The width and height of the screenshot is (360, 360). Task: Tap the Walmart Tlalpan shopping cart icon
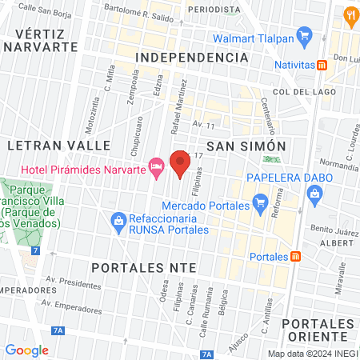pos(303,34)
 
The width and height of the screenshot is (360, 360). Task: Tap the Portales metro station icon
pos(296,256)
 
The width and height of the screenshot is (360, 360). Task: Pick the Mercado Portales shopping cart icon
pos(258,202)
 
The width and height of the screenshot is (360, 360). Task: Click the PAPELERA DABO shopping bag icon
pos(314,193)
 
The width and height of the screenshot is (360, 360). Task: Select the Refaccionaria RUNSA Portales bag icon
pos(118,218)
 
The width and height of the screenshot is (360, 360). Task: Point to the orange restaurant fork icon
pos(350,15)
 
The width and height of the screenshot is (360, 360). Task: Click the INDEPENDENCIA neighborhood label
pos(191,58)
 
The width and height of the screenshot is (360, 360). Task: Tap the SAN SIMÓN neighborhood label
pos(246,146)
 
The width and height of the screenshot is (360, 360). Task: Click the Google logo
pos(26,350)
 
